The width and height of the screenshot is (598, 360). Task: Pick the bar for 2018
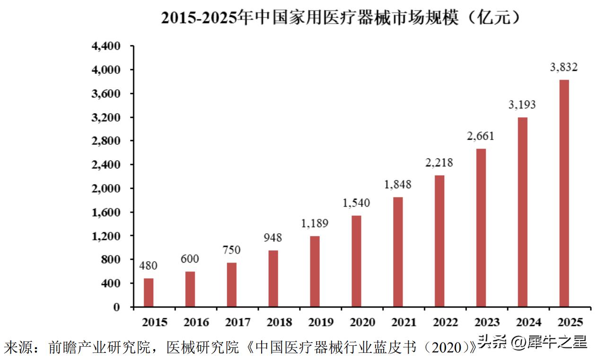[273, 279]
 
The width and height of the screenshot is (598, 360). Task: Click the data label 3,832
[563, 68]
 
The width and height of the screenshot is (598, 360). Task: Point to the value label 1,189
[315, 223]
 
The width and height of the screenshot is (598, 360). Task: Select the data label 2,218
[439, 163]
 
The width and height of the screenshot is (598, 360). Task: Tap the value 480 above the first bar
[149, 265]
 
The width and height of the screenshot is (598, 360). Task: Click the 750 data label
[232, 250]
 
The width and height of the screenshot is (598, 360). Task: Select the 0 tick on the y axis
[116, 307]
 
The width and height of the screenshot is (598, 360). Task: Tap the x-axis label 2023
[487, 323]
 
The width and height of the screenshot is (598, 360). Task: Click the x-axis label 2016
[196, 323]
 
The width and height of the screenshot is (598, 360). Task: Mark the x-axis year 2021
[405, 323]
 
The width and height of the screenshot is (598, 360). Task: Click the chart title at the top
[341, 18]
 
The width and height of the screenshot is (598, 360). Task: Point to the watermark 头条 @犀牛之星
[532, 342]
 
